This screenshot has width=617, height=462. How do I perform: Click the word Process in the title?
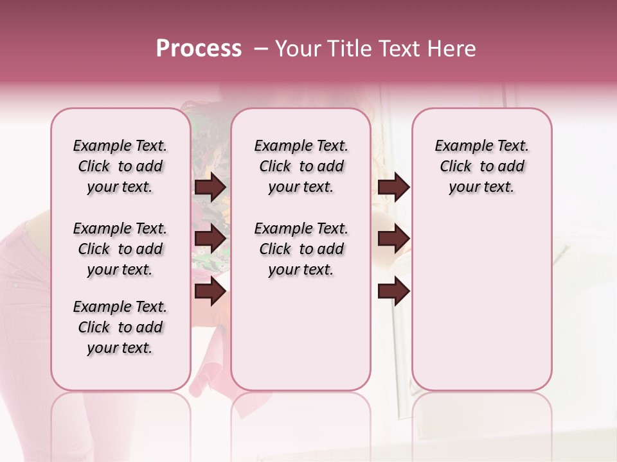click(199, 49)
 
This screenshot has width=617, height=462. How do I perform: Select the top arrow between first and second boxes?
click(210, 187)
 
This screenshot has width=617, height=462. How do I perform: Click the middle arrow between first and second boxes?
click(210, 239)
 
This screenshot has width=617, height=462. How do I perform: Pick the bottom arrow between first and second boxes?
click(210, 291)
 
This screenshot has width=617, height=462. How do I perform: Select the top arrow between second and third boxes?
click(393, 187)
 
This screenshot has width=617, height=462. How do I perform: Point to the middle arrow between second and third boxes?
click(393, 239)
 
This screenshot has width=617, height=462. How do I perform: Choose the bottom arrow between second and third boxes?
click(393, 291)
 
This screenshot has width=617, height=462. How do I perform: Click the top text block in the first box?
click(120, 166)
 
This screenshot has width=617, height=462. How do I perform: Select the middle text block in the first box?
click(120, 249)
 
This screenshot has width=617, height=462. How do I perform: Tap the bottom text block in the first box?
click(120, 327)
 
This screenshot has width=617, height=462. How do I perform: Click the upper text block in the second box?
click(301, 166)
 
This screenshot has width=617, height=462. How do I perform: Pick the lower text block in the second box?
click(301, 249)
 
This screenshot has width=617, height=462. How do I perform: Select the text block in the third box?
click(482, 166)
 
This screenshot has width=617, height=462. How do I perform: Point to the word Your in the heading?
click(299, 49)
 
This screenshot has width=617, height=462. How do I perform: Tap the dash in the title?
click(261, 49)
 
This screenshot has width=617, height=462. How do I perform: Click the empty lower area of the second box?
click(301, 334)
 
